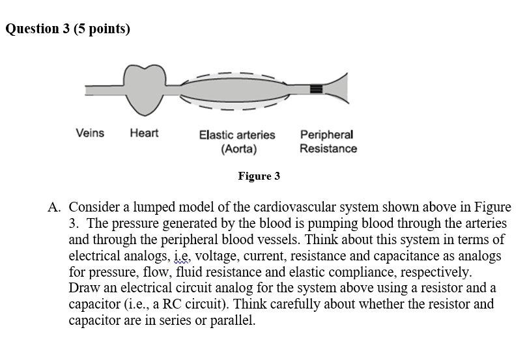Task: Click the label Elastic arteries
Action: click(x=237, y=135)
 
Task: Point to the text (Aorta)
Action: click(x=238, y=148)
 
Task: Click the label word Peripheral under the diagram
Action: click(x=326, y=135)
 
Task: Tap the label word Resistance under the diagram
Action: click(x=328, y=148)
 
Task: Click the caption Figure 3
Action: click(x=259, y=176)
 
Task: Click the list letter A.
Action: click(x=54, y=208)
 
